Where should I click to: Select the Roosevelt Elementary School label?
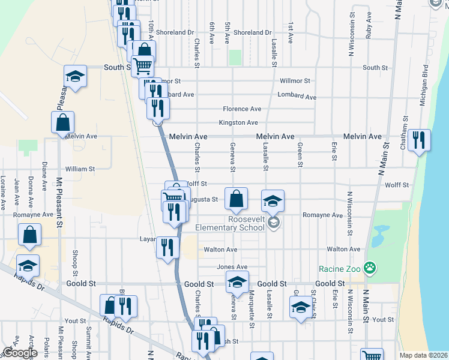[x=230, y=223]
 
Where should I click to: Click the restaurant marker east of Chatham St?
[x=418, y=140]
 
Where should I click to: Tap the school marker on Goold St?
[x=237, y=282]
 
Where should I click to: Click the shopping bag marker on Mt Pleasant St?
[x=62, y=123]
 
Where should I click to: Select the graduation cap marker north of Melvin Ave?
[x=75, y=76]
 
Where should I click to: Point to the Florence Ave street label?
[x=242, y=109]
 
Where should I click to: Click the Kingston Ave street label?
[x=238, y=122]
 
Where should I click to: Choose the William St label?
[x=80, y=169]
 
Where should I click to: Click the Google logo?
[x=20, y=353]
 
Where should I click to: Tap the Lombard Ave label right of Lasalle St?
[x=297, y=96]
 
